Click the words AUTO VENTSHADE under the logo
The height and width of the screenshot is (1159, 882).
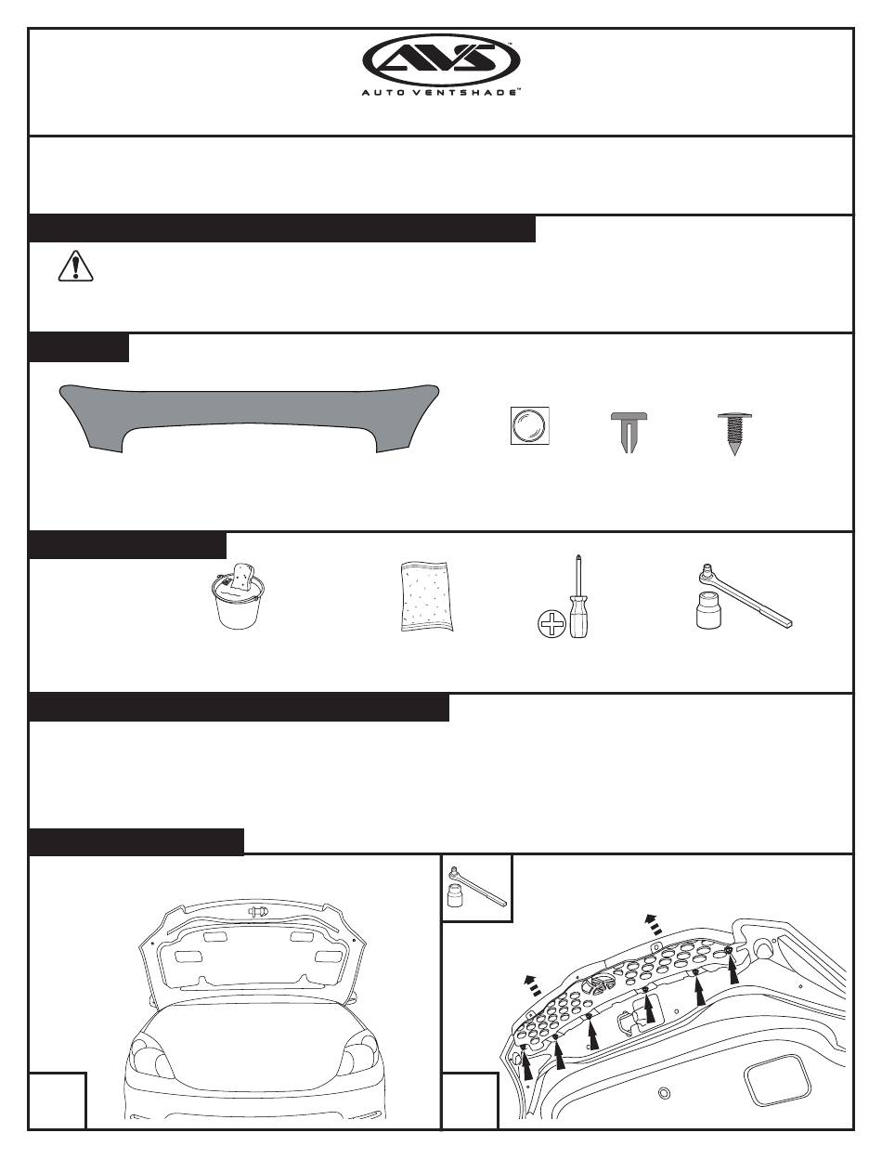coord(441,92)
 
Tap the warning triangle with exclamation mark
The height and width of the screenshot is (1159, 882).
coord(75,267)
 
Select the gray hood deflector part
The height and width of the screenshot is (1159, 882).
coord(249,417)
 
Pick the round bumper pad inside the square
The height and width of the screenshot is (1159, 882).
coord(530,425)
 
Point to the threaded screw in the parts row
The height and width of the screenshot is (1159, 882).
coord(734,433)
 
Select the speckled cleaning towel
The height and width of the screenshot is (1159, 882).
coord(426,596)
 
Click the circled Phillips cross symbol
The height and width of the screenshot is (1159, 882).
coord(551,624)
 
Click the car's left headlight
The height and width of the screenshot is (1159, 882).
coord(150,1054)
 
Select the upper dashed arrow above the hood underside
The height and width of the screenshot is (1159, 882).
coord(653,925)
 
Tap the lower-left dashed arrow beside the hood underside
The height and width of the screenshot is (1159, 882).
coord(533,986)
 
